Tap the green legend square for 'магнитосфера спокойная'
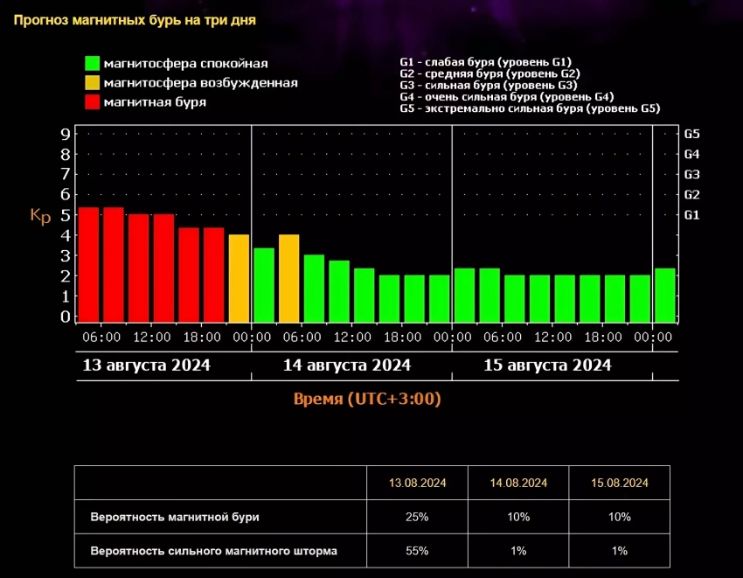[92, 64]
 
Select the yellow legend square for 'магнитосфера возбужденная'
[92, 83]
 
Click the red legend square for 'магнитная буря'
[92, 102]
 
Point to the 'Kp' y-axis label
[40, 216]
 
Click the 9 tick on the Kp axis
[66, 134]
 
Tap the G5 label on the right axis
[691, 134]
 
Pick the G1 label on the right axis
[691, 214]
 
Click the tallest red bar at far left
[89, 264]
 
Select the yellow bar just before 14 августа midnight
[239, 277]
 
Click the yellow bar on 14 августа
[289, 277]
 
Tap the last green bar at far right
[665, 295]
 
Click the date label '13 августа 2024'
[146, 365]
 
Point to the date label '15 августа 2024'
[547, 365]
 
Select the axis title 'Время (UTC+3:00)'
[366, 400]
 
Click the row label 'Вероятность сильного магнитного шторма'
[213, 551]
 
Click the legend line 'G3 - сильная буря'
[488, 86]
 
